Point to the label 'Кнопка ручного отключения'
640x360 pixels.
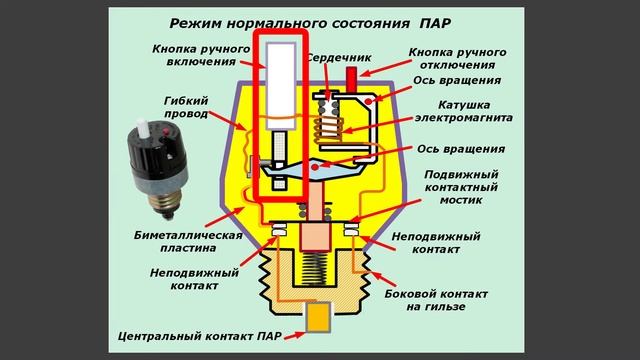(458, 58)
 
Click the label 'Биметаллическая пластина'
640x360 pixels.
(190, 242)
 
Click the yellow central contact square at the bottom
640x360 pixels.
(320, 319)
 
